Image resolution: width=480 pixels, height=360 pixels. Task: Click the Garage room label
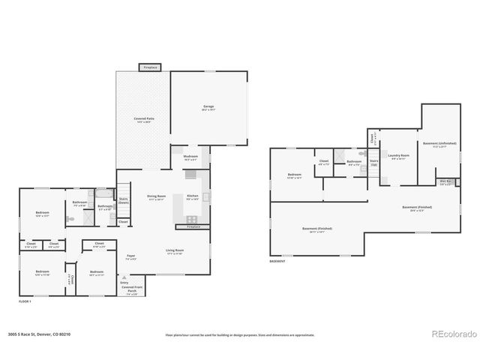tap(208, 107)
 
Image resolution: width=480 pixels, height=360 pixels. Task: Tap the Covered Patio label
tap(143, 119)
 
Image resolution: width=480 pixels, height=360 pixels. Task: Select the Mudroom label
tap(190, 157)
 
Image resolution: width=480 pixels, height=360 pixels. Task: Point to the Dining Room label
tap(156, 197)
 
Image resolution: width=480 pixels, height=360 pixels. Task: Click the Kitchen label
tap(193, 197)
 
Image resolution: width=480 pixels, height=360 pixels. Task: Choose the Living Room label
tap(174, 251)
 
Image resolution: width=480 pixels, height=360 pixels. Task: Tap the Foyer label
tap(130, 256)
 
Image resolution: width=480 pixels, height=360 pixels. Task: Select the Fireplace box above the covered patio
tap(149, 67)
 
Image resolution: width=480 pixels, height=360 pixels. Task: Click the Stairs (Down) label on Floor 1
tap(124, 201)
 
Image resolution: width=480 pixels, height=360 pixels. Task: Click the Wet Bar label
tap(445, 182)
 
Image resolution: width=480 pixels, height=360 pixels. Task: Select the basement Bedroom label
tap(294, 176)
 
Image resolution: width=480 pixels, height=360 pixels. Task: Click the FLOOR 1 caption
tap(25, 301)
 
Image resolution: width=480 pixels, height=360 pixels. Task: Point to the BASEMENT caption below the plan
tap(277, 261)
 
